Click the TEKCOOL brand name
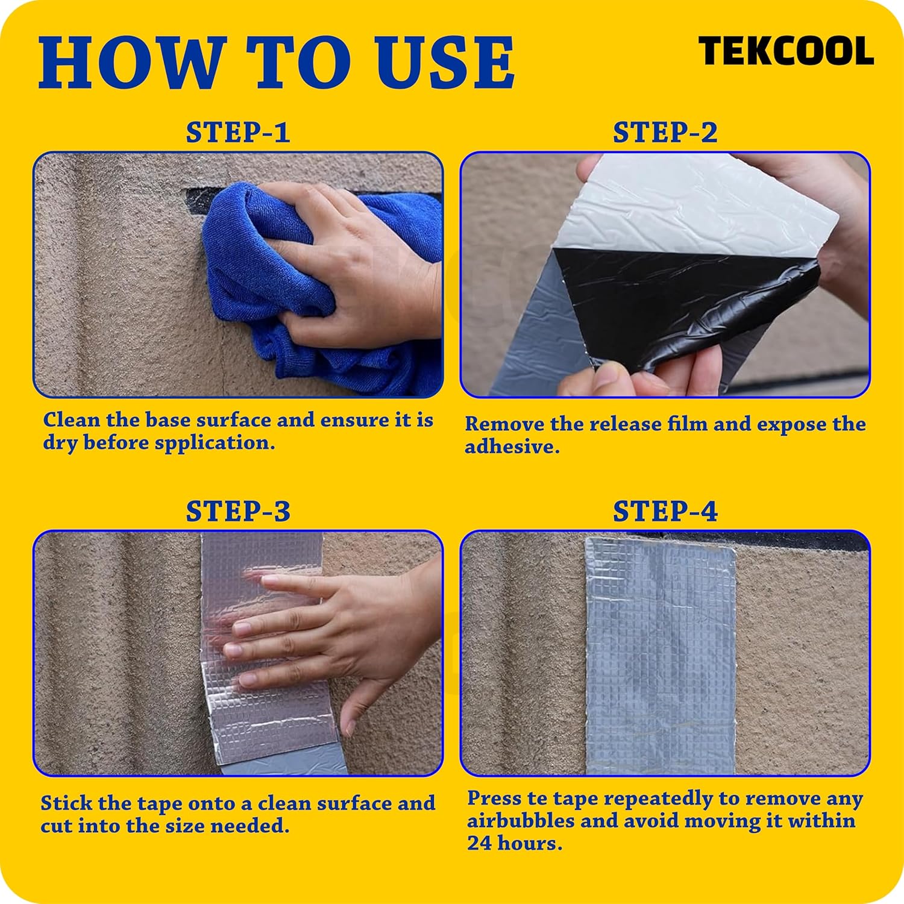click(x=786, y=51)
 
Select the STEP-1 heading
click(x=238, y=133)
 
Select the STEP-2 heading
click(x=665, y=133)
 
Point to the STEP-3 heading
click(x=238, y=512)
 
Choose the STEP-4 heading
click(x=665, y=512)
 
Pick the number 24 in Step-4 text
click(x=479, y=844)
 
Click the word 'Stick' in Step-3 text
click(x=66, y=803)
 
